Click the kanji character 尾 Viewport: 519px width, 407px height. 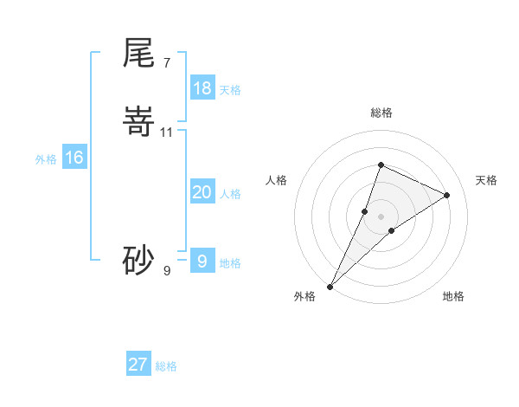(x=139, y=53)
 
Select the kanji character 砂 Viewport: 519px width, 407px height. (x=139, y=260)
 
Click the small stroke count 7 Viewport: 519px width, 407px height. (x=166, y=62)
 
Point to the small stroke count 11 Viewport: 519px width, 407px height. (x=167, y=132)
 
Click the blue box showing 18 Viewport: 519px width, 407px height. (x=202, y=88)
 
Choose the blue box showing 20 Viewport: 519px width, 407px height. (x=202, y=192)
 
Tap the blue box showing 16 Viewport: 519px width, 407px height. (x=74, y=158)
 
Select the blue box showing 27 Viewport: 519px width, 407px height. (x=138, y=365)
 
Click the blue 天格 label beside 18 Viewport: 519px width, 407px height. (x=230, y=90)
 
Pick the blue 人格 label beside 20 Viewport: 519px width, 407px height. (x=230, y=194)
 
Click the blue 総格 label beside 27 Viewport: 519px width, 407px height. (x=166, y=366)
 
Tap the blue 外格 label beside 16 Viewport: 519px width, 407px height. (x=46, y=159)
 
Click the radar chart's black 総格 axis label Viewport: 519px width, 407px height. (x=381, y=113)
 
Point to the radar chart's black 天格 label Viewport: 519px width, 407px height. (x=486, y=180)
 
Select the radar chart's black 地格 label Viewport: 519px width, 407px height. (x=453, y=296)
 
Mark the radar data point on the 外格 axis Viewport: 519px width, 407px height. (x=330, y=286)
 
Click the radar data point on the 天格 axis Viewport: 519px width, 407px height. (x=447, y=195)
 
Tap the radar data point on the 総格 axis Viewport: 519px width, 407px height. (x=381, y=165)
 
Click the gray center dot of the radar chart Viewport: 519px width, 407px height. (x=381, y=216)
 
